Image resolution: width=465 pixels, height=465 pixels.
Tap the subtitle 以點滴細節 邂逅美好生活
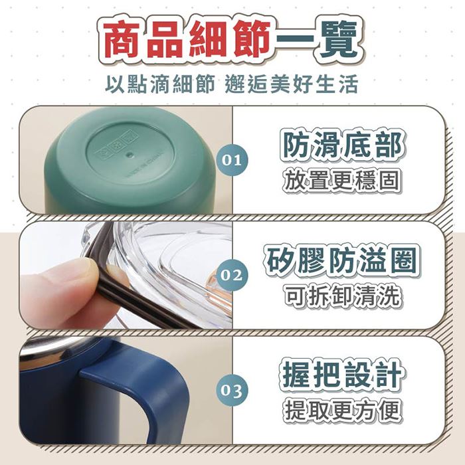232,84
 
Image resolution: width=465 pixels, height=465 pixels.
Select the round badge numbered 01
232,160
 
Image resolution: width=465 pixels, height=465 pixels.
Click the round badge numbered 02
232,275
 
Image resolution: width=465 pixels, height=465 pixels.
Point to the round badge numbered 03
232,390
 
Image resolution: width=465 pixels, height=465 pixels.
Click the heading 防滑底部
342,145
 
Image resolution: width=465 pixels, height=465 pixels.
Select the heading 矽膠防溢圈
342,261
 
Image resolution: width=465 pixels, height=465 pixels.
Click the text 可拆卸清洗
342,296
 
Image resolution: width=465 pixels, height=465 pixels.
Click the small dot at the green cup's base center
129,155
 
